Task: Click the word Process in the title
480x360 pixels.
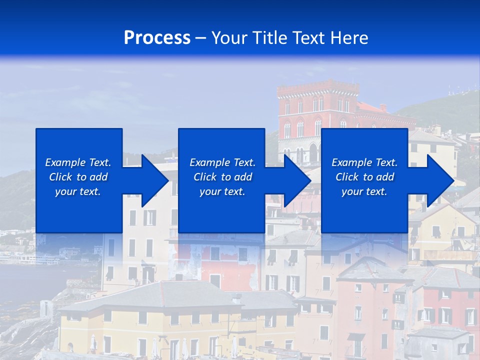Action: coord(157,38)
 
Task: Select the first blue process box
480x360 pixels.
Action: coord(79,210)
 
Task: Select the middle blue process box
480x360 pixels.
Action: coord(221,210)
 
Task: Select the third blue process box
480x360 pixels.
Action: coord(364,210)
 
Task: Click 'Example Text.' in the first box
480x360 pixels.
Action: coord(78,162)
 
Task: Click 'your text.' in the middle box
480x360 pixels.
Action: coord(222,191)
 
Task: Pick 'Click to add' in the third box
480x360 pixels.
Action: coord(364,177)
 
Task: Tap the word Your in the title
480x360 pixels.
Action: coord(229,38)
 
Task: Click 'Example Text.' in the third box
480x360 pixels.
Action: coord(364,162)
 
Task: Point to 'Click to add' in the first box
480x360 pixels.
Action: coord(78,177)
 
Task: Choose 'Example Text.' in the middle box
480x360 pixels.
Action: coord(222,162)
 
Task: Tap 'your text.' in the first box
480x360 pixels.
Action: coord(78,191)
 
